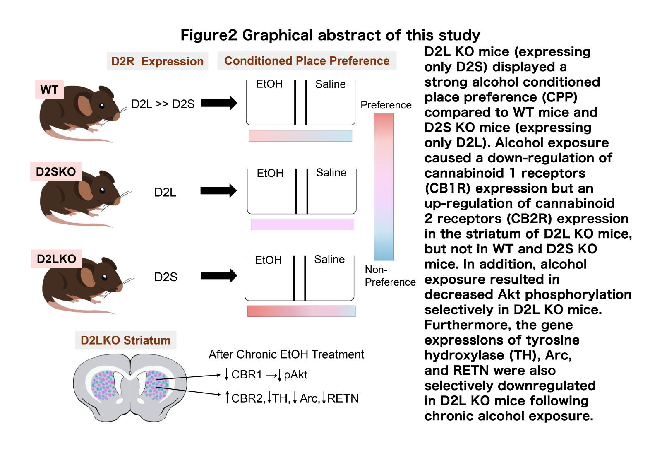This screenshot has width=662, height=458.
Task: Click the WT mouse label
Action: [49, 89]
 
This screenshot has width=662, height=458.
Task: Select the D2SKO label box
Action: [56, 171]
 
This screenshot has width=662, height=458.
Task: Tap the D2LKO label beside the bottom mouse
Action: [57, 259]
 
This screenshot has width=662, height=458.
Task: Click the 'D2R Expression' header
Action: [157, 61]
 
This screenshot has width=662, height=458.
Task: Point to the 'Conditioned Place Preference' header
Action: [307, 61]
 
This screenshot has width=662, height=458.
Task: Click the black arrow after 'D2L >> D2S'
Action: [219, 103]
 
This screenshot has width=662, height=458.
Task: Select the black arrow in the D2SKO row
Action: [218, 191]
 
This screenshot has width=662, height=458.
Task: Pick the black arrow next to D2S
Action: [219, 275]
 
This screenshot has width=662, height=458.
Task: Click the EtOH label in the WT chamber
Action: [269, 84]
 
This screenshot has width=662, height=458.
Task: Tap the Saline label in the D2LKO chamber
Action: [329, 260]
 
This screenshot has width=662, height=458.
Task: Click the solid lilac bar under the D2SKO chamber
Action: [302, 224]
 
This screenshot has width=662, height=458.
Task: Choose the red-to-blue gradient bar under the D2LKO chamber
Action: [301, 311]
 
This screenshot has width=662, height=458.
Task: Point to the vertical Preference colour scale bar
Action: [384, 186]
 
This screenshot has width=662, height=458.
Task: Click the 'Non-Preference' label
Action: [389, 276]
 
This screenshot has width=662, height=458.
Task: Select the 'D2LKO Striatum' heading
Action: [125, 340]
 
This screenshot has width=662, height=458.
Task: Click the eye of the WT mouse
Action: [102, 106]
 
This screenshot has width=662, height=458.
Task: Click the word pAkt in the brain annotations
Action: [295, 375]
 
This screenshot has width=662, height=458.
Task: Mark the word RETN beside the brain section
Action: [343, 398]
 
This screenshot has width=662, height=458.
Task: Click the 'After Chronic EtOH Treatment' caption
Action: [286, 354]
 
